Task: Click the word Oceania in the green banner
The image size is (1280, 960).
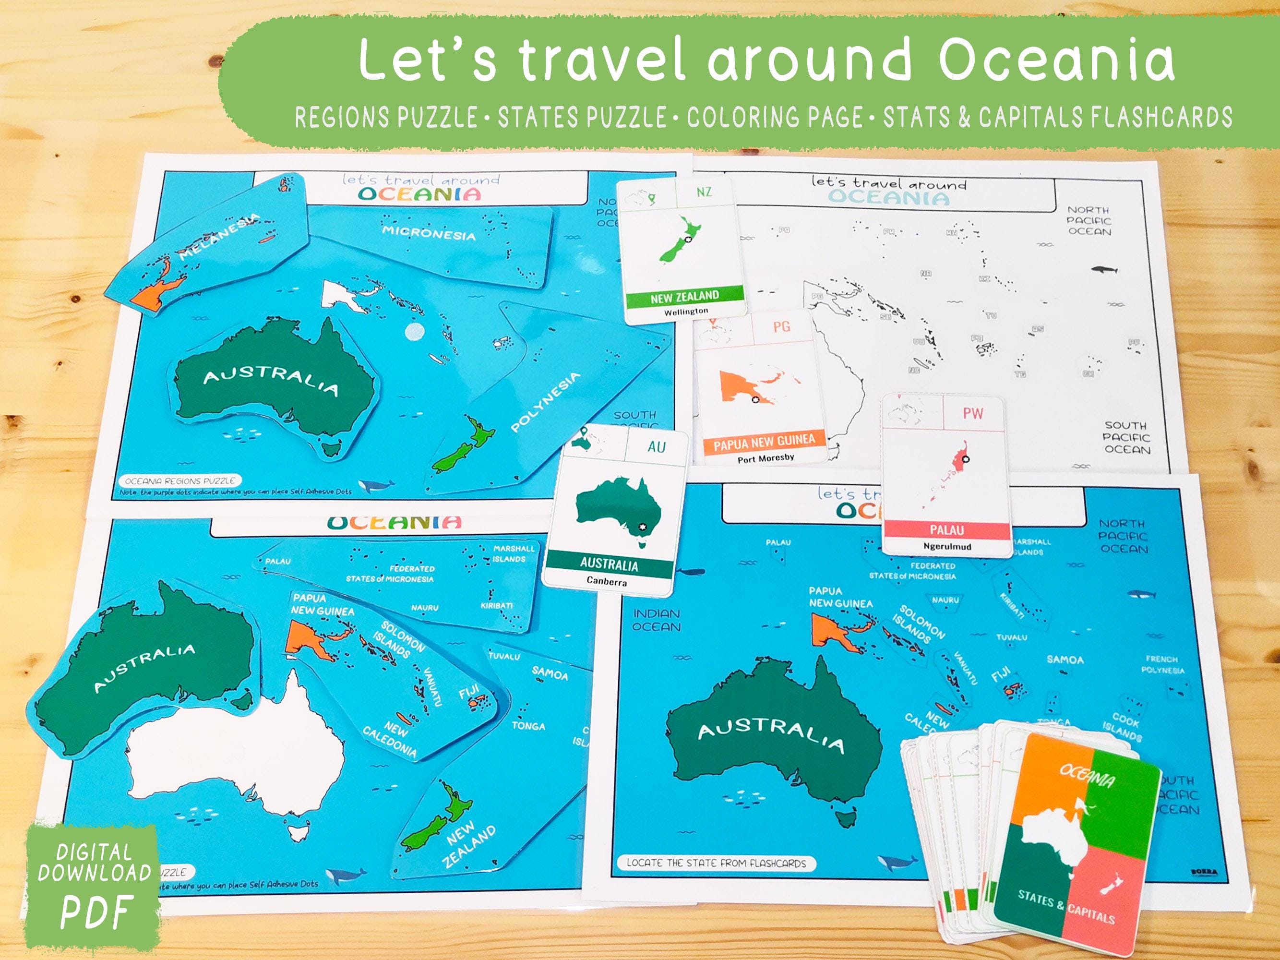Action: pos(1057,60)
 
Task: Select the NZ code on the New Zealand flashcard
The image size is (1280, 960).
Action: pos(704,192)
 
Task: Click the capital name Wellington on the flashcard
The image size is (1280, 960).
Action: pos(686,312)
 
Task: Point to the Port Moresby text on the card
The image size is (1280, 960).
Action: pos(766,458)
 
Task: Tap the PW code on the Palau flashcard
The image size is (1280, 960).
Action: pos(973,413)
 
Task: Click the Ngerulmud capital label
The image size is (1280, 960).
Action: pos(947,546)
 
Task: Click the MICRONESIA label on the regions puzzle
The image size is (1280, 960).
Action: pos(429,233)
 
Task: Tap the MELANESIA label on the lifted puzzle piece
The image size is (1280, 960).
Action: pos(220,237)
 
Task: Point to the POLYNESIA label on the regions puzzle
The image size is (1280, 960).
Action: pos(545,402)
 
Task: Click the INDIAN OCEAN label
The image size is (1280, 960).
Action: pos(656,620)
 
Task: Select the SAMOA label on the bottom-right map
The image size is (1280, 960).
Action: pos(1065,660)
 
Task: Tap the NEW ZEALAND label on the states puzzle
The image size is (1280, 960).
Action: pos(470,846)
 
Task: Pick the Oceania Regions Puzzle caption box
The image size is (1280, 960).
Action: pos(180,480)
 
